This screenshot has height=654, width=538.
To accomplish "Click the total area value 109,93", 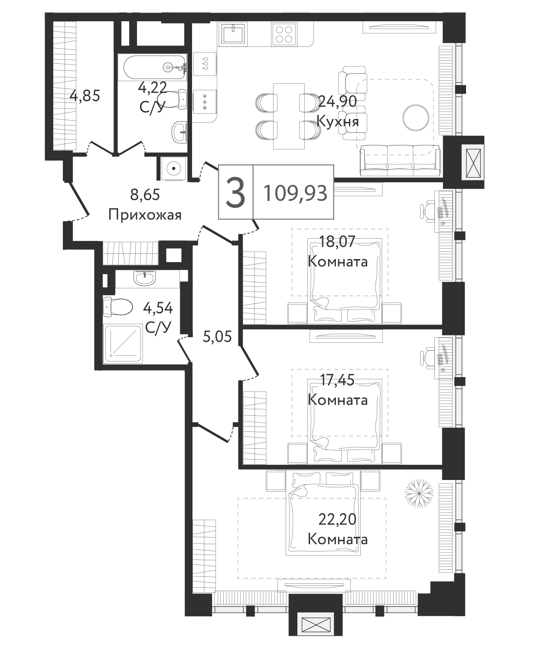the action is click(x=296, y=193).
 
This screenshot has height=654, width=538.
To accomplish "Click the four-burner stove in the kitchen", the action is click(x=284, y=34).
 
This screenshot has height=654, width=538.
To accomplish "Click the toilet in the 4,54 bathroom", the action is click(x=117, y=306).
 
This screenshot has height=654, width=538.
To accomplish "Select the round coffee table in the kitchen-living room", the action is click(x=416, y=118).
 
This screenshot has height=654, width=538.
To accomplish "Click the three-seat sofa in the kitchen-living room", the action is click(x=400, y=160).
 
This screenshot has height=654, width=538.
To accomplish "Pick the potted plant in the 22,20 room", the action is click(x=419, y=493).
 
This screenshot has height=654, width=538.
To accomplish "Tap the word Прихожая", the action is click(x=145, y=215).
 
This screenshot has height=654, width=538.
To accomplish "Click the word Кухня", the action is click(x=338, y=121).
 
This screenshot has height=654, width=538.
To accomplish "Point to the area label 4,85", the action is click(x=85, y=96).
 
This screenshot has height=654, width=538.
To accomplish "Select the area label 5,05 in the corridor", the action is click(x=217, y=337).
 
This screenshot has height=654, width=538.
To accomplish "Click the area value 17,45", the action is click(x=337, y=380).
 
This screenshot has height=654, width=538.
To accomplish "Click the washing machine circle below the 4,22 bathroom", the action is click(x=173, y=169).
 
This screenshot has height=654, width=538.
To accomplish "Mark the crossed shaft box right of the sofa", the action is click(x=473, y=162).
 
